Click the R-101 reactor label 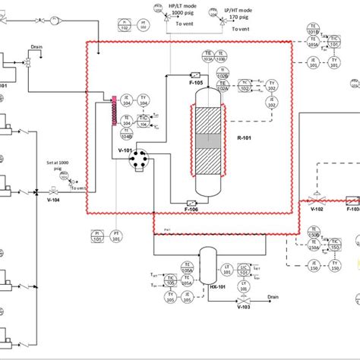pyautogui.click(x=244, y=139)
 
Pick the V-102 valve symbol pyautogui.click(x=319, y=196)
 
